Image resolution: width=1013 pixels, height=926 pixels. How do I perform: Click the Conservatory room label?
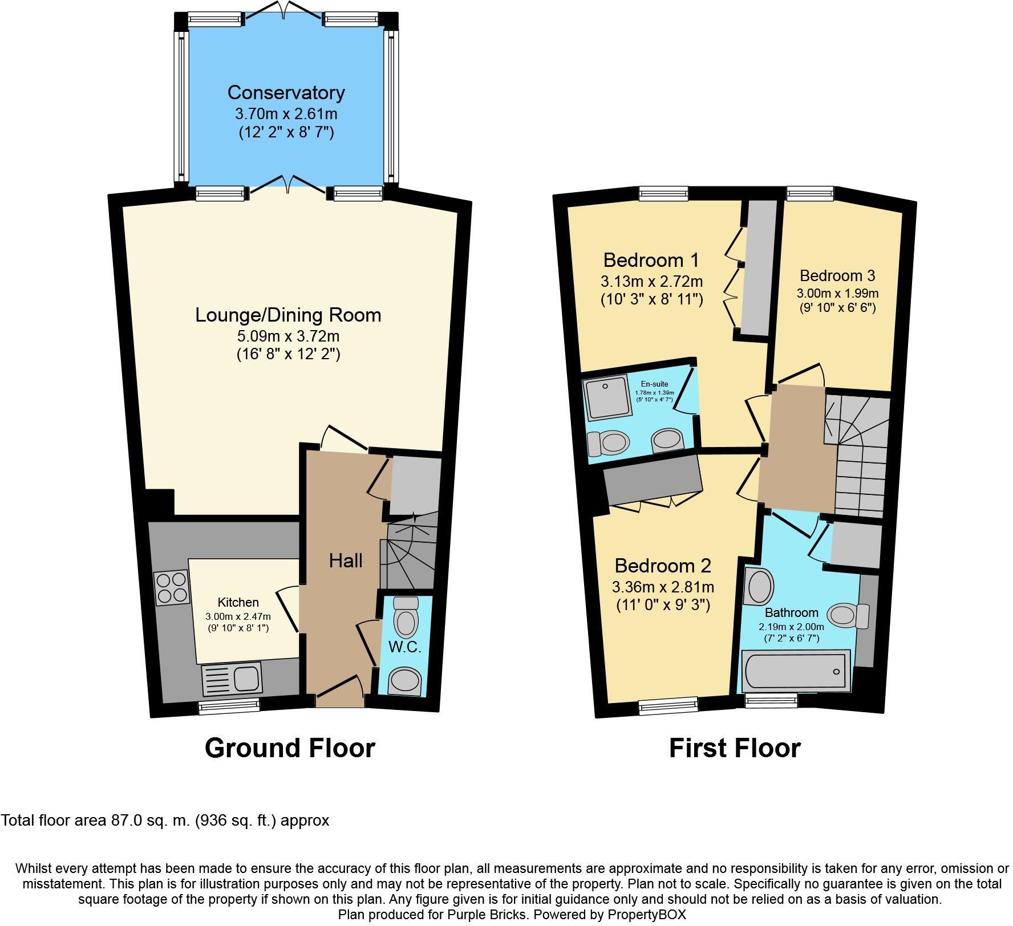point(286,92)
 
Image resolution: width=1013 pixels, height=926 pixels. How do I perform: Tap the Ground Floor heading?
point(290,748)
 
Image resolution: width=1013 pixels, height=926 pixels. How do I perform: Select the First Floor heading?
point(735,748)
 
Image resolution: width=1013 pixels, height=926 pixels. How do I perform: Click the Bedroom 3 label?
point(837,276)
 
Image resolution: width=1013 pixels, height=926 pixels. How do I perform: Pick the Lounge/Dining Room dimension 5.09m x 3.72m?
point(288,336)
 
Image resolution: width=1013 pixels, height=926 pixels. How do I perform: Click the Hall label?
point(346,561)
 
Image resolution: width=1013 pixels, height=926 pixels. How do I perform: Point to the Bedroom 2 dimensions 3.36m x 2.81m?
point(663,587)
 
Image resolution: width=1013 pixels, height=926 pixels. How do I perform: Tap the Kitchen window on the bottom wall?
point(229,707)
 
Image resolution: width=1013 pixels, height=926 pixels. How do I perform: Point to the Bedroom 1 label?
point(651,261)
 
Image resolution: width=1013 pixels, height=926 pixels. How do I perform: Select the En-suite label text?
point(654,384)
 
